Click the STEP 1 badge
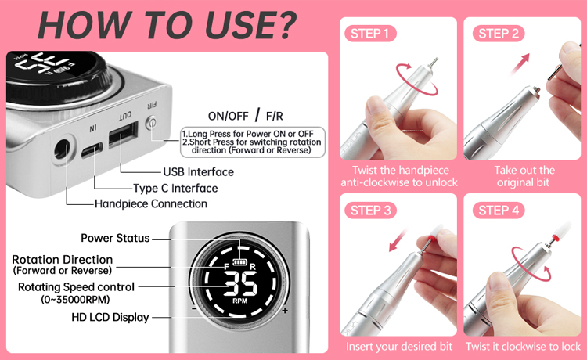coord(370,34)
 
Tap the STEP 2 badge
coord(499,34)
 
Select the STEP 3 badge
coord(370,211)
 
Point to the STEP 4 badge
coord(499,211)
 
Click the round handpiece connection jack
coord(62,150)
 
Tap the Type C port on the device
coord(92,150)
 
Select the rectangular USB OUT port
coord(122,135)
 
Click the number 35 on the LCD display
coord(240,283)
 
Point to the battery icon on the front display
coord(239,261)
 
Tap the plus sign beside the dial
coord(285,310)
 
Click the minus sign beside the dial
coord(193,308)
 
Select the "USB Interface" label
coord(199,171)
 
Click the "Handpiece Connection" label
coord(151,203)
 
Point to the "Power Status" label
coord(115,238)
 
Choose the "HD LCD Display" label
coord(110,317)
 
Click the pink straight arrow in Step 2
coord(519,64)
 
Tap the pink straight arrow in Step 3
coord(398,240)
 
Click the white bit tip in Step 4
coord(564,228)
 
